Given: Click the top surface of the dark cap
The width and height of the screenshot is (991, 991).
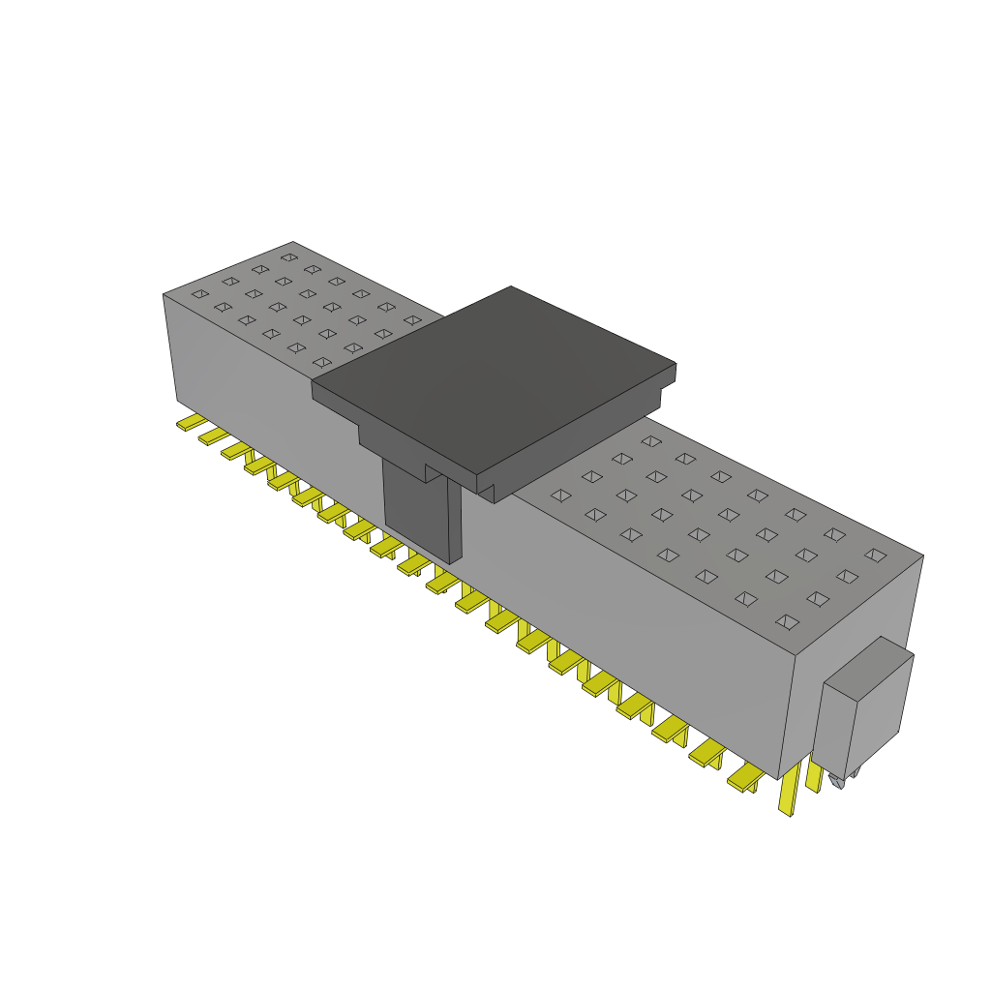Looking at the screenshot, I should (494, 377).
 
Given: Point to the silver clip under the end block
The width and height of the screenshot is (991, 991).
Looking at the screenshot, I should (838, 781).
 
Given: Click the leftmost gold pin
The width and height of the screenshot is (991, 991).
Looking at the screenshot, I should (190, 423).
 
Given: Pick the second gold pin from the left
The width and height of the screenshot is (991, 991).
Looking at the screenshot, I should (212, 436).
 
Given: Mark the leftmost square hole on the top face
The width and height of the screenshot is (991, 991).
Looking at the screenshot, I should (199, 293).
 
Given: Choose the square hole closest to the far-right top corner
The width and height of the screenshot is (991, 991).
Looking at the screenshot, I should (875, 555).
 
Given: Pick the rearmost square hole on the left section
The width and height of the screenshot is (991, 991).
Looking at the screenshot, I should (288, 257).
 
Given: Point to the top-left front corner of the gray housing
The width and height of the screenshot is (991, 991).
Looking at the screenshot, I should (164, 294).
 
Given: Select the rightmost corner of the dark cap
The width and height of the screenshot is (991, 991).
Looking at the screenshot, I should (676, 365).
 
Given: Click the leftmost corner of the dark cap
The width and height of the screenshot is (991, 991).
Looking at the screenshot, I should (312, 384).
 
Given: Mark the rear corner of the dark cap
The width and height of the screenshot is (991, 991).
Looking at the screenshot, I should (510, 286).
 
